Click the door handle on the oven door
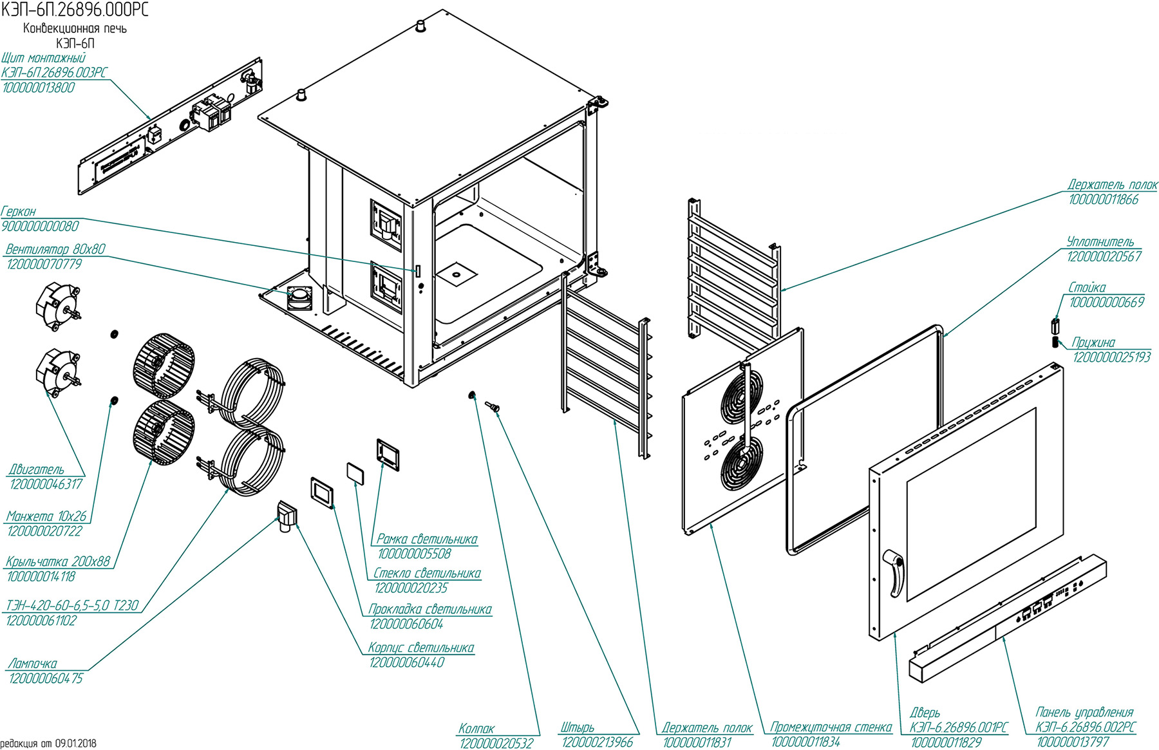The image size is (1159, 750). click(895, 572)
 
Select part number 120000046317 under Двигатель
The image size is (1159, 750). click(46, 484)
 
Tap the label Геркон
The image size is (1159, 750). click(19, 211)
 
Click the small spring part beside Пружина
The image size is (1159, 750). click(1055, 341)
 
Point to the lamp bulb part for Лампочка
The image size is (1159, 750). click(286, 517)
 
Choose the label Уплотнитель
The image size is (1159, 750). click(1100, 241)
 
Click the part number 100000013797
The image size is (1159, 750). click(1073, 742)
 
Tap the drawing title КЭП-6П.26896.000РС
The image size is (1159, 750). click(75, 10)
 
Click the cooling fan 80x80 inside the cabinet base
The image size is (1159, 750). click(299, 297)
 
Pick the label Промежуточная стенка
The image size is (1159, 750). click(831, 727)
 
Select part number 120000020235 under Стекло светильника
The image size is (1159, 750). click(411, 588)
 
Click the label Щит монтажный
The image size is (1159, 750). click(44, 58)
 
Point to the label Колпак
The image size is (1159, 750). click(476, 729)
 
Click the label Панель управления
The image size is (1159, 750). click(1084, 712)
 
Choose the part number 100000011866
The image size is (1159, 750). click(1104, 200)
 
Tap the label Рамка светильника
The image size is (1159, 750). click(427, 539)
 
